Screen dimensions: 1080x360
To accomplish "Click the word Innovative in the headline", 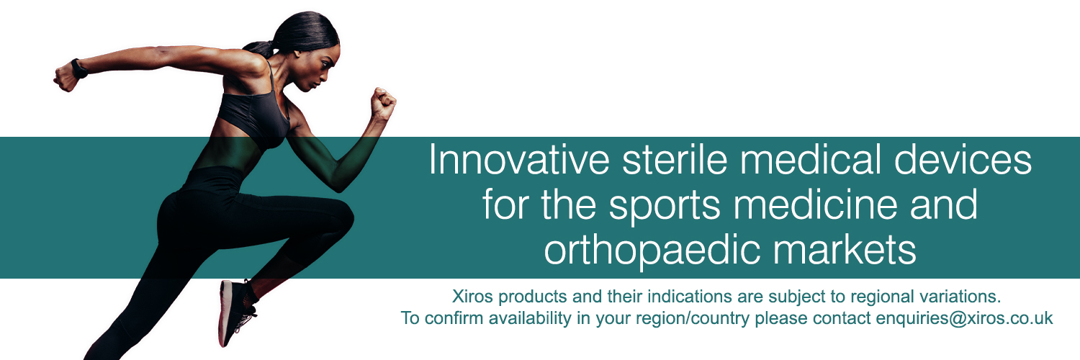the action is (x=519, y=160).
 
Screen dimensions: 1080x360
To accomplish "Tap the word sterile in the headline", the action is (x=674, y=160).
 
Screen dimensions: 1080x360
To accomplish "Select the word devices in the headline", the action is (x=963, y=160).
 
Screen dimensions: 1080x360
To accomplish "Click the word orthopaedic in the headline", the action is (x=652, y=251).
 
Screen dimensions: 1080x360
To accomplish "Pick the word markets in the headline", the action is (x=845, y=250).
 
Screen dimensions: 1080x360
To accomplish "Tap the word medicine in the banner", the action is (x=815, y=204).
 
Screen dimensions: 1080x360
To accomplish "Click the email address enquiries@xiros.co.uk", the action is (x=964, y=318).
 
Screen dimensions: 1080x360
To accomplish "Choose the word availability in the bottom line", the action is (x=529, y=318).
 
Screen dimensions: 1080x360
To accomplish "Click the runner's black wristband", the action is (x=79, y=68).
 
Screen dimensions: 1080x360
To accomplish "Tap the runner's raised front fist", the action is (x=383, y=103).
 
